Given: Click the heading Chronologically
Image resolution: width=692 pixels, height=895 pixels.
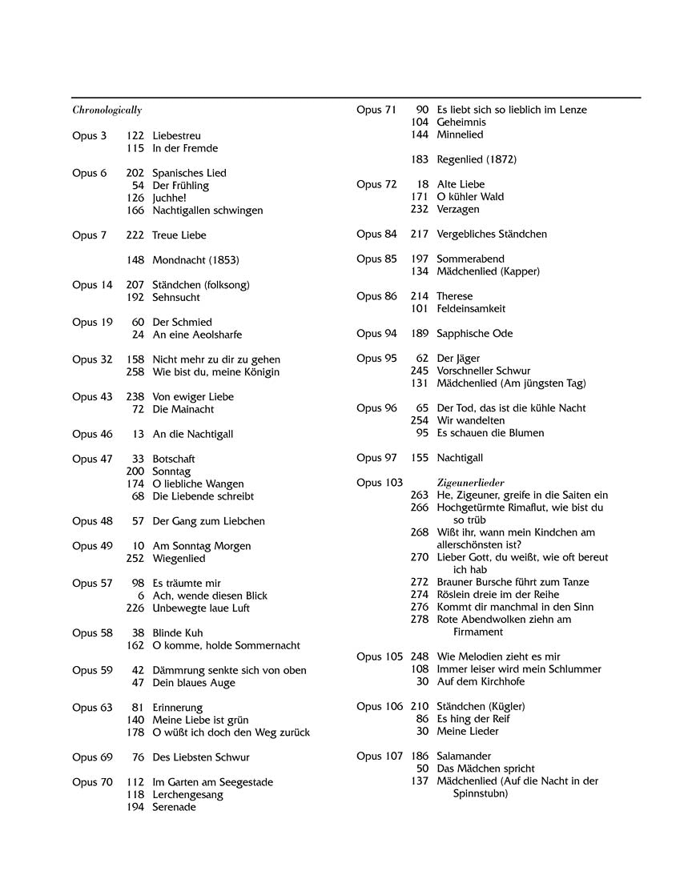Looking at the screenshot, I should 107,110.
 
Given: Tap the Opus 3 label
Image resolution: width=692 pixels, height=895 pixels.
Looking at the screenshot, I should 89,136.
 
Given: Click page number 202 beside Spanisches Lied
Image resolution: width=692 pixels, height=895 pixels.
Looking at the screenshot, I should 135,173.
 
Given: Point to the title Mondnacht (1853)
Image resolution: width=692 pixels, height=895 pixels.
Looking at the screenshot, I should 195,260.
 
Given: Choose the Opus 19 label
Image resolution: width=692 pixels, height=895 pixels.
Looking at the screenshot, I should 92,323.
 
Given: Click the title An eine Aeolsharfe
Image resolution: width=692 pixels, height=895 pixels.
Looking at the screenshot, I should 197,335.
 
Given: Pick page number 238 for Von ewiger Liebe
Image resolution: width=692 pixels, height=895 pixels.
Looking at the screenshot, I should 135,397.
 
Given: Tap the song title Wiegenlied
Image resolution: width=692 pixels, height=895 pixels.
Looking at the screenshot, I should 179,559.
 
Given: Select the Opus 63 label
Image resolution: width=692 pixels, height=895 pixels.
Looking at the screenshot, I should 92,708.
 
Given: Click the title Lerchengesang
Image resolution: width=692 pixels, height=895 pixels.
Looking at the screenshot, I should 187,795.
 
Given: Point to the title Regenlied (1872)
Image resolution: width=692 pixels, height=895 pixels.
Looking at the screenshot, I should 477,160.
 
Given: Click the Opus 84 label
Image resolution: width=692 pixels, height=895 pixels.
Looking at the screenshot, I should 376,235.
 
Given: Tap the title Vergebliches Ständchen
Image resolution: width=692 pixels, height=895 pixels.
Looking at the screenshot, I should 492,235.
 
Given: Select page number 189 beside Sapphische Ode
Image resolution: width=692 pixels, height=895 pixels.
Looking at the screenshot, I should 420,334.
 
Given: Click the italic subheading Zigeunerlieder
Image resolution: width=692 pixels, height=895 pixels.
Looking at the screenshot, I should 471,483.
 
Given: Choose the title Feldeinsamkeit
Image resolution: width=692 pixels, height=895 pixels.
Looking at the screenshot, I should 471,309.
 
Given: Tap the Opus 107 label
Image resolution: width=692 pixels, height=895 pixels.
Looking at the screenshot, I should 380,757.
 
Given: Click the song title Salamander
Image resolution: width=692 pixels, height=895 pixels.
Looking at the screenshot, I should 464,757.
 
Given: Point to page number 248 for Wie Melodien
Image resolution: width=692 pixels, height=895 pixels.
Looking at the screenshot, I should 420,657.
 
